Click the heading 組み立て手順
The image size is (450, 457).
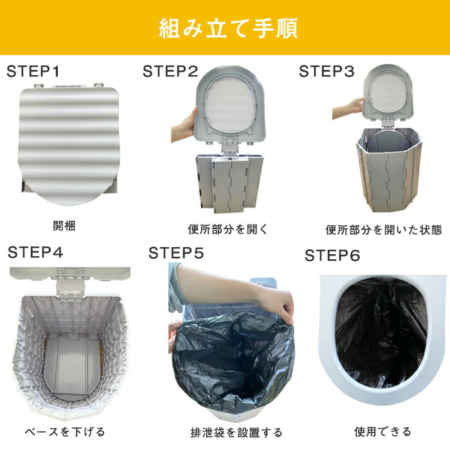point(228,28)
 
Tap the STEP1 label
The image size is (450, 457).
point(33,71)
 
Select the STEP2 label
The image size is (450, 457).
point(170,71)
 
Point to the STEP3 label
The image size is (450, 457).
point(327,71)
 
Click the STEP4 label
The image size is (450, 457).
point(35,252)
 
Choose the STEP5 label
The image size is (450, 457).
point(176,253)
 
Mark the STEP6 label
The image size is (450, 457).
point(332,255)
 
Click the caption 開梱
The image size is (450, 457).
point(64,225)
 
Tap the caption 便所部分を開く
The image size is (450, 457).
point(228,229)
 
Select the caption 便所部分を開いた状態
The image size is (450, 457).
point(384,230)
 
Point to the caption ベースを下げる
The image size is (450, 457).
point(65,431)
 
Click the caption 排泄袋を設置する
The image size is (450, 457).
point(237,433)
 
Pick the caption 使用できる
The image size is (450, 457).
point(382,431)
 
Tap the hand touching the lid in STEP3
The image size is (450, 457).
point(348,107)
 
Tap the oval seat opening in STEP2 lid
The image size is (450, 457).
point(231,107)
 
